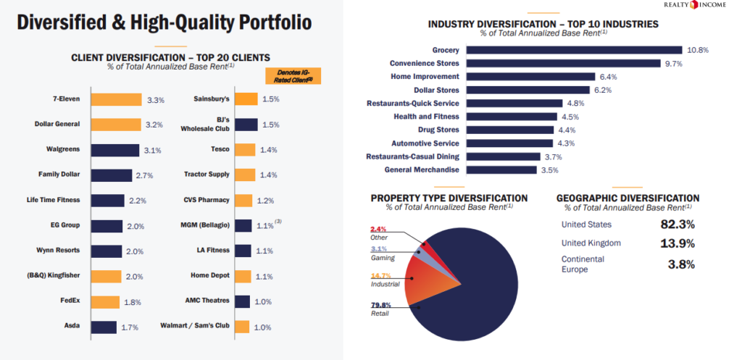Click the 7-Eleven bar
pos(116,99)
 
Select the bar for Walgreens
pos(114,150)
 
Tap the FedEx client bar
pos(105,302)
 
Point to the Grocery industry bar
pos(574,50)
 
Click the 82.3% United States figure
pos(678,224)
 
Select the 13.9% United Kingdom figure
pos(678,243)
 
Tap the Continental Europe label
pos(583,264)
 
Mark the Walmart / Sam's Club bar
pos(243,327)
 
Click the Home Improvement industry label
pos(424,77)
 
